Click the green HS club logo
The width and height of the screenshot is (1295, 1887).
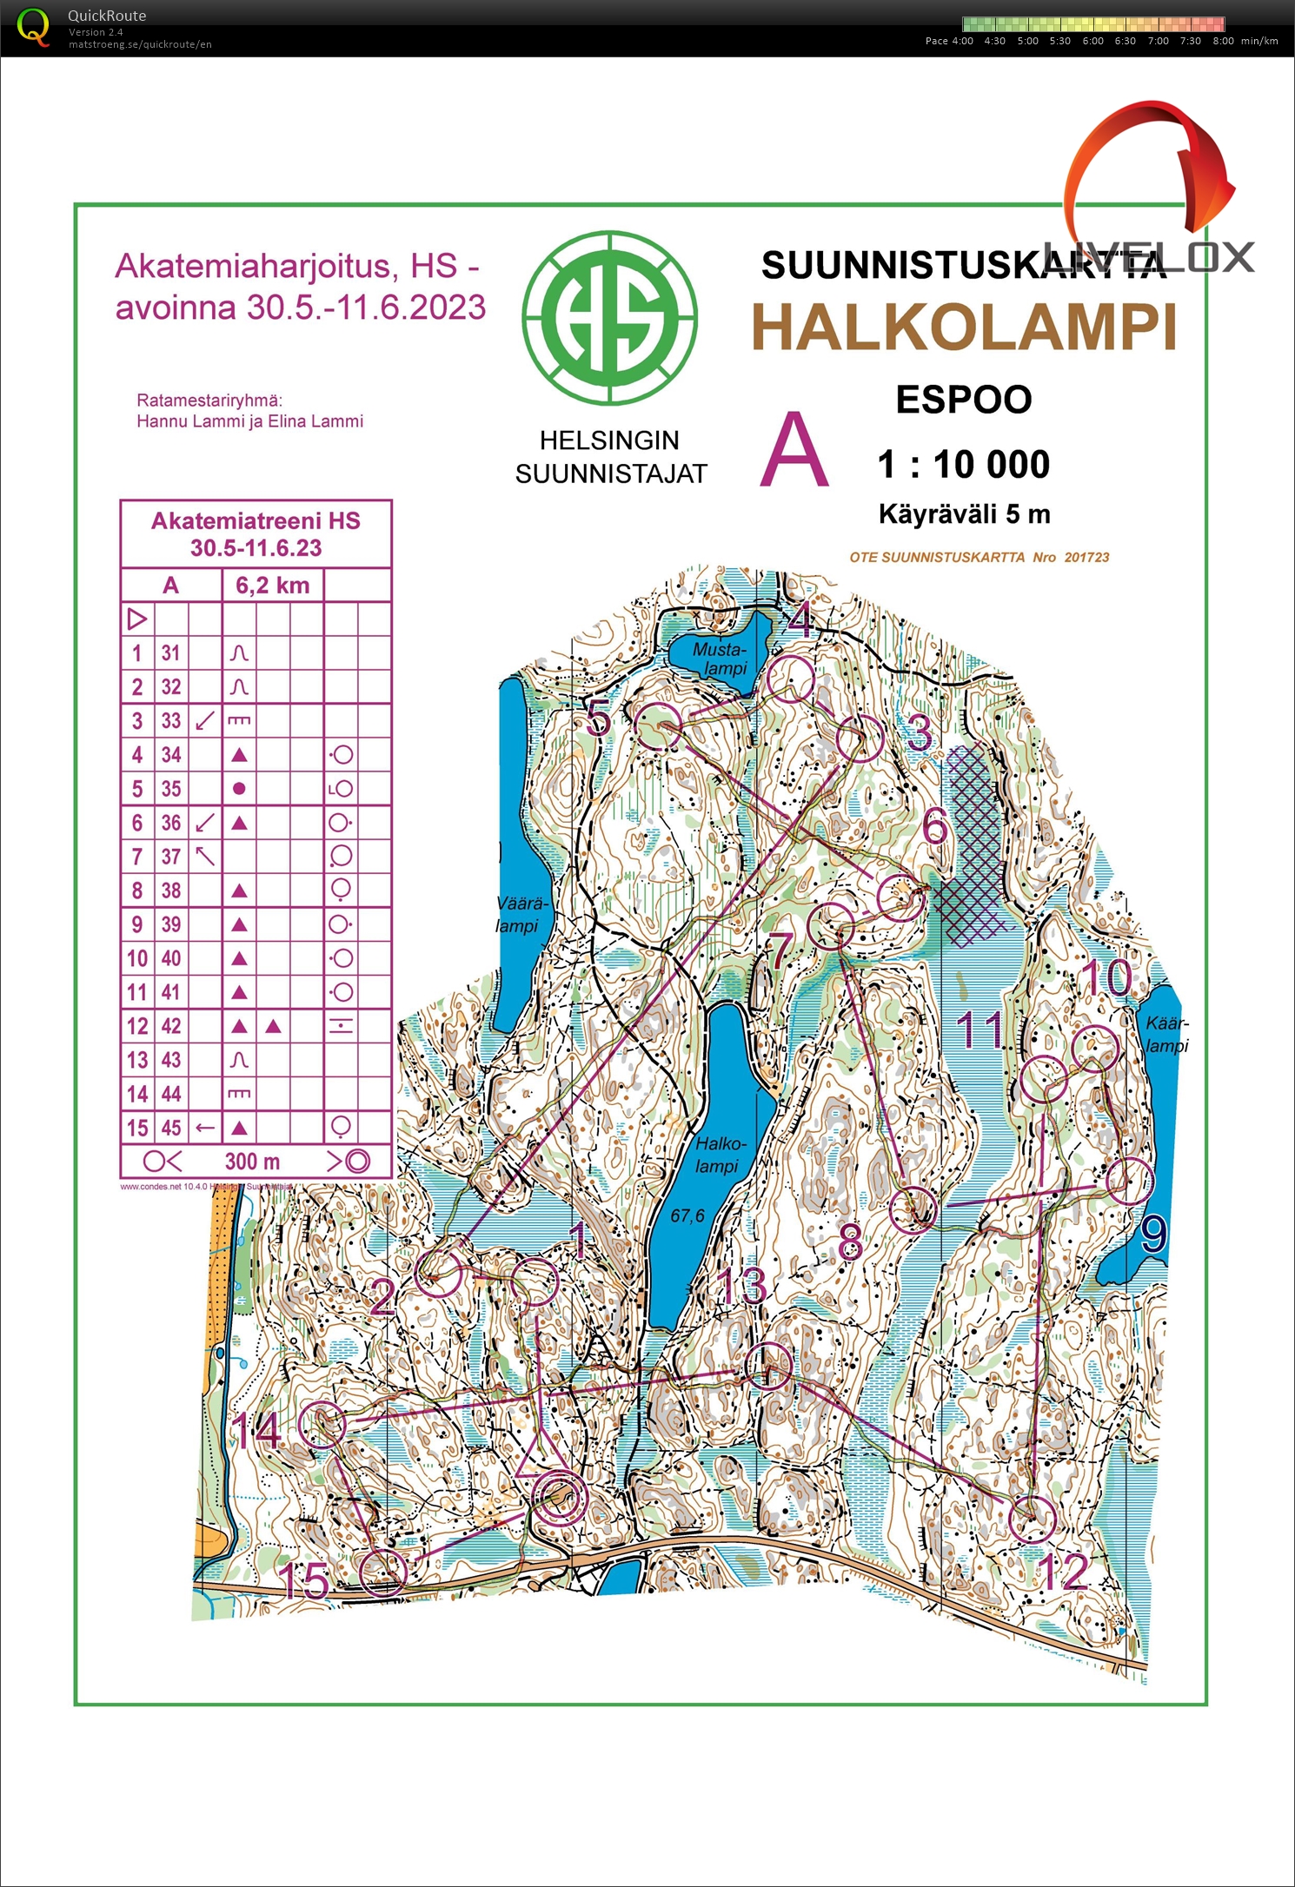pyautogui.click(x=609, y=318)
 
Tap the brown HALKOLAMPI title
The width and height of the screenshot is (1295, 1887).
pyautogui.click(x=963, y=328)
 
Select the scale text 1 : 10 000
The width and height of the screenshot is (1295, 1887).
pyautogui.click(x=963, y=464)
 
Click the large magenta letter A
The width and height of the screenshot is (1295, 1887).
pyautogui.click(x=794, y=452)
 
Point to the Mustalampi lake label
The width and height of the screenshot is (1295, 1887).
pyautogui.click(x=721, y=659)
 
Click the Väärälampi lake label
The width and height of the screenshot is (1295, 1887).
pyautogui.click(x=520, y=915)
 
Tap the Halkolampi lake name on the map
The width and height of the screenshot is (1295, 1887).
pyautogui.click(x=719, y=1155)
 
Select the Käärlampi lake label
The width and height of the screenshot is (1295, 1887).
pyautogui.click(x=1166, y=1034)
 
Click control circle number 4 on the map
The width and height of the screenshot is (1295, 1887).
pyautogui.click(x=790, y=679)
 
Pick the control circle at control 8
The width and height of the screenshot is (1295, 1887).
pyautogui.click(x=913, y=1208)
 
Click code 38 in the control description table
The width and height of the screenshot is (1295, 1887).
pyautogui.click(x=171, y=891)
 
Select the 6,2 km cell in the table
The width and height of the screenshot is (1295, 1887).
pyautogui.click(x=273, y=586)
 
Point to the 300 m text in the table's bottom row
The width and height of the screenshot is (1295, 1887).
pyautogui.click(x=252, y=1162)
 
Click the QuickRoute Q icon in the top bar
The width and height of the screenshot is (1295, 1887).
pyautogui.click(x=33, y=27)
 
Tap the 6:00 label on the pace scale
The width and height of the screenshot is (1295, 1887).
pyautogui.click(x=1092, y=41)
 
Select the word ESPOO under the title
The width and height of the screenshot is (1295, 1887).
pyautogui.click(x=963, y=400)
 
